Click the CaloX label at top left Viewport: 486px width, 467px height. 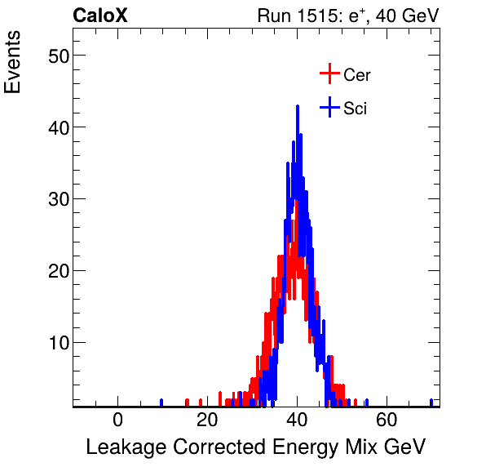click(x=99, y=16)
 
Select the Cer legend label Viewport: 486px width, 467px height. click(x=357, y=75)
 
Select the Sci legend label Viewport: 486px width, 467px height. click(x=355, y=108)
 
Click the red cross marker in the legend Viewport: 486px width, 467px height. click(x=329, y=74)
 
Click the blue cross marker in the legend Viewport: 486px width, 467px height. click(x=329, y=107)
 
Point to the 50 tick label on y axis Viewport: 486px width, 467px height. click(x=54, y=56)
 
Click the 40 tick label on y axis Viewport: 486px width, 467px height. click(x=54, y=127)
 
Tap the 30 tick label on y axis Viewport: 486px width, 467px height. click(x=54, y=198)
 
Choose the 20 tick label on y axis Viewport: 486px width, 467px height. click(x=54, y=270)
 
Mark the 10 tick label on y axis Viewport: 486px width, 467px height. click(x=54, y=342)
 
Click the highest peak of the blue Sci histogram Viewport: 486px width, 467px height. click(x=298, y=107)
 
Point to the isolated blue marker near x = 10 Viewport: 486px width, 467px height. click(x=161, y=402)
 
